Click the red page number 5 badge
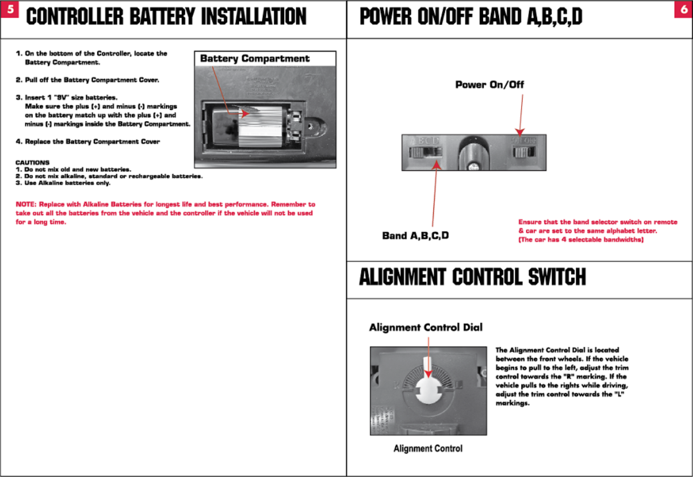pyautogui.click(x=10, y=9)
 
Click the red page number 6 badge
pyautogui.click(x=684, y=9)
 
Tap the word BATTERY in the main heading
pyautogui.click(x=162, y=17)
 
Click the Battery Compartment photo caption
pyautogui.click(x=255, y=58)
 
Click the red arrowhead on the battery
pyautogui.click(x=245, y=113)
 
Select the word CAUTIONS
pyautogui.click(x=33, y=162)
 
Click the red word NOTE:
pyautogui.click(x=26, y=204)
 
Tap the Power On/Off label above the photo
pyautogui.click(x=489, y=85)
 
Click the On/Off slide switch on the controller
pyautogui.click(x=523, y=152)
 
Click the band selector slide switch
pyautogui.click(x=426, y=152)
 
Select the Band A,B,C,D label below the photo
pyautogui.click(x=415, y=235)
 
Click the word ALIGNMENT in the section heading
pyautogui.click(x=402, y=277)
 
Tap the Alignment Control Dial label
pyautogui.click(x=425, y=327)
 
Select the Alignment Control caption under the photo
pyautogui.click(x=428, y=449)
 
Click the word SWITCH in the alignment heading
pyautogui.click(x=557, y=277)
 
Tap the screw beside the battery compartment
pyautogui.click(x=310, y=126)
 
